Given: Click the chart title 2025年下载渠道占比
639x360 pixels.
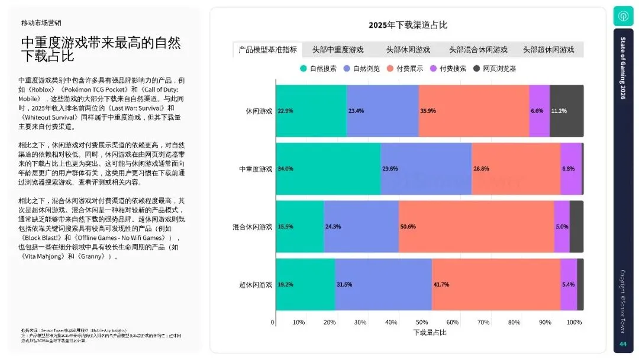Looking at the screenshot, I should click(x=408, y=25).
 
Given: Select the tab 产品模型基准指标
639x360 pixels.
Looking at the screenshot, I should click(x=267, y=50).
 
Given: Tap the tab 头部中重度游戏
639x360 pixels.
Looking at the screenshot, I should click(x=338, y=50).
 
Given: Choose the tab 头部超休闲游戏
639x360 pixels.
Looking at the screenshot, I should click(x=548, y=50).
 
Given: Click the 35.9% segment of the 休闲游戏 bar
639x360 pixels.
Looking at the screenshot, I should click(x=474, y=111).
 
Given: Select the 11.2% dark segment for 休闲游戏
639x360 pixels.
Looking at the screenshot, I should click(x=566, y=111).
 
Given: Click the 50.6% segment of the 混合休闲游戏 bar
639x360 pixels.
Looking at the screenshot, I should click(x=476, y=227).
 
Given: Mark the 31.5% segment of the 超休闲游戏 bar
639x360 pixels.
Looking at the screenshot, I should click(x=383, y=284).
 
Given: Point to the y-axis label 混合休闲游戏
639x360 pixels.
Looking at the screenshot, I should click(x=252, y=227).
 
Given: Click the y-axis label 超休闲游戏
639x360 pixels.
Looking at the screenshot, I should click(x=256, y=284).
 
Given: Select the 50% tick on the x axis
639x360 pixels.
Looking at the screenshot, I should click(x=422, y=322).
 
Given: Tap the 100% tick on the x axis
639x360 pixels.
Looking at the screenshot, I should click(x=574, y=322).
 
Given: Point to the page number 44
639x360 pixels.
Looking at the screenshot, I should click(x=622, y=344).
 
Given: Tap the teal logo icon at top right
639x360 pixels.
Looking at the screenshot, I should click(x=623, y=16).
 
